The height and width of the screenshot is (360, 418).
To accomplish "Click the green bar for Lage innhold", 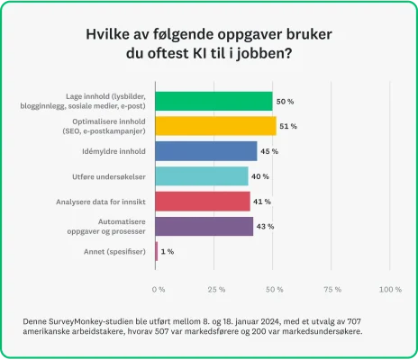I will [x=214, y=101].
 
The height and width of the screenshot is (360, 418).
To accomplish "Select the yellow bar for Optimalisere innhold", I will [x=215, y=126].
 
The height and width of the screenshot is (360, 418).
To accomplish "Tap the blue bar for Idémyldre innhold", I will [x=206, y=151].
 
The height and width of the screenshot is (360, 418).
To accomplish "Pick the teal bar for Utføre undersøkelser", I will [x=202, y=175].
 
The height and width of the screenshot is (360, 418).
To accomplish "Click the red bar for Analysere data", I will [x=203, y=201].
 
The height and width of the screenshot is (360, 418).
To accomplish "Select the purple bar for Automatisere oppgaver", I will [x=204, y=226].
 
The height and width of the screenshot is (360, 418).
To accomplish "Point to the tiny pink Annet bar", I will [x=157, y=251].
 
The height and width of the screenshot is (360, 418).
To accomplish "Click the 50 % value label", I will [x=286, y=102].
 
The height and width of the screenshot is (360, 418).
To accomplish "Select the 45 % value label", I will [x=269, y=151].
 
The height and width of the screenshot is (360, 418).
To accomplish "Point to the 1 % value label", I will [x=168, y=251].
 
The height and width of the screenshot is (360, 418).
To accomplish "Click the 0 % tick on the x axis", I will [x=159, y=290].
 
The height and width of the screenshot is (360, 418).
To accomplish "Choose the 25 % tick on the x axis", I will [x=216, y=290].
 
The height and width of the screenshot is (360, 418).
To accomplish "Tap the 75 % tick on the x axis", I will [x=332, y=290].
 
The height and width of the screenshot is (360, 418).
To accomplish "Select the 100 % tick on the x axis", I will [x=390, y=290].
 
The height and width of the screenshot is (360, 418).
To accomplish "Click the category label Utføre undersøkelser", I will [x=108, y=176].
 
